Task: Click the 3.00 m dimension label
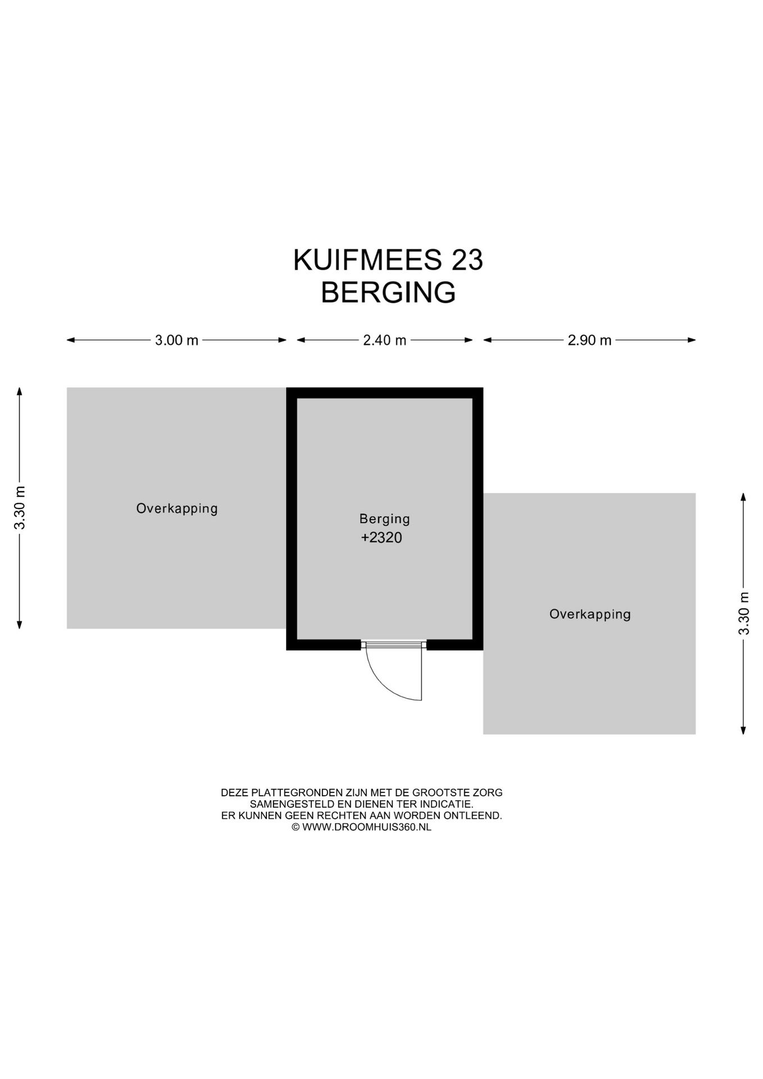[176, 340]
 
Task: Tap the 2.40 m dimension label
[384, 340]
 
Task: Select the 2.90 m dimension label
[589, 340]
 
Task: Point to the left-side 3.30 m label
[20, 507]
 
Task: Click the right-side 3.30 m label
[744, 613]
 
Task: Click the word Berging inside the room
[384, 519]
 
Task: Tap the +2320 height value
[381, 538]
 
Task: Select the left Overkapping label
[176, 509]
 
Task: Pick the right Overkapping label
[590, 614]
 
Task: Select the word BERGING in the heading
[388, 292]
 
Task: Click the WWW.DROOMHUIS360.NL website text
[366, 827]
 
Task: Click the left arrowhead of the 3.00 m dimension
[70, 340]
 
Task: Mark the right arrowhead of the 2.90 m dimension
[692, 340]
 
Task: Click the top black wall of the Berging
[384, 393]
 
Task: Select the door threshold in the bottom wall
[393, 645]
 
